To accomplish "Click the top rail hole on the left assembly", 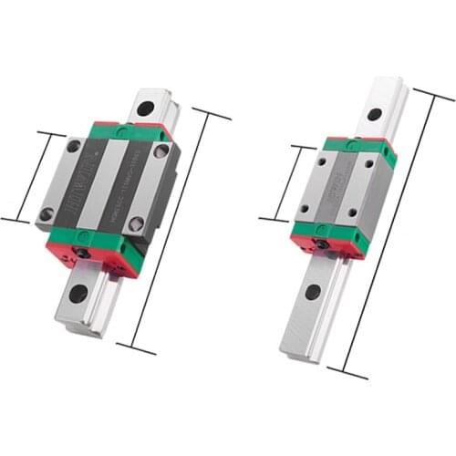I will pyautogui.click(x=144, y=109).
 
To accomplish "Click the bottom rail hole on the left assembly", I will pyautogui.click(x=78, y=294).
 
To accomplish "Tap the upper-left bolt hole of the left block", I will pyautogui.click(x=74, y=146).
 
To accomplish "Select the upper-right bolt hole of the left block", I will pyautogui.click(x=161, y=151).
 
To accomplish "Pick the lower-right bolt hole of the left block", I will pyautogui.click(x=136, y=223).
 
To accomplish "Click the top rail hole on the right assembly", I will pyautogui.click(x=374, y=115).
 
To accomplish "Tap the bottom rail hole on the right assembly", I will pyautogui.click(x=313, y=293).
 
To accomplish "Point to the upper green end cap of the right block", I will pyautogui.click(x=360, y=146).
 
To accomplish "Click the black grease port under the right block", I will pyautogui.click(x=321, y=244).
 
